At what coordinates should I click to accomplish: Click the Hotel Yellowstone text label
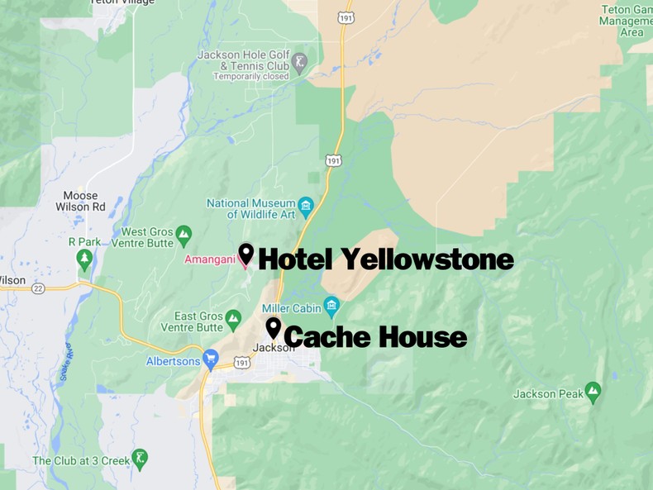click(x=385, y=259)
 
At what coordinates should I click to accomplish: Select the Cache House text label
click(x=374, y=337)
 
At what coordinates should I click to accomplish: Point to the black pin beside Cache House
click(x=273, y=328)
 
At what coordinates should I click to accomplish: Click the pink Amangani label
click(x=210, y=259)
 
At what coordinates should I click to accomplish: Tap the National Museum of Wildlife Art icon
click(x=306, y=205)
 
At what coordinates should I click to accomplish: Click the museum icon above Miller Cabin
click(x=331, y=307)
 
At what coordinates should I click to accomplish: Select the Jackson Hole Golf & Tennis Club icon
click(x=300, y=60)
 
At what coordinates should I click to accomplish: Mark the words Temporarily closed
click(x=250, y=76)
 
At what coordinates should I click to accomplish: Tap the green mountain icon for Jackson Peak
click(x=593, y=389)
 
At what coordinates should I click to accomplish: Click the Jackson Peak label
click(x=548, y=394)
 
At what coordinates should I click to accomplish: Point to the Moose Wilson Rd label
click(x=80, y=202)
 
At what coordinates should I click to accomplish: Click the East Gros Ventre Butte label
click(x=198, y=322)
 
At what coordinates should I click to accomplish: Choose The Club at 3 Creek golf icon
click(x=141, y=457)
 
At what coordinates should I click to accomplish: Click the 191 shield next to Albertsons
click(x=241, y=363)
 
